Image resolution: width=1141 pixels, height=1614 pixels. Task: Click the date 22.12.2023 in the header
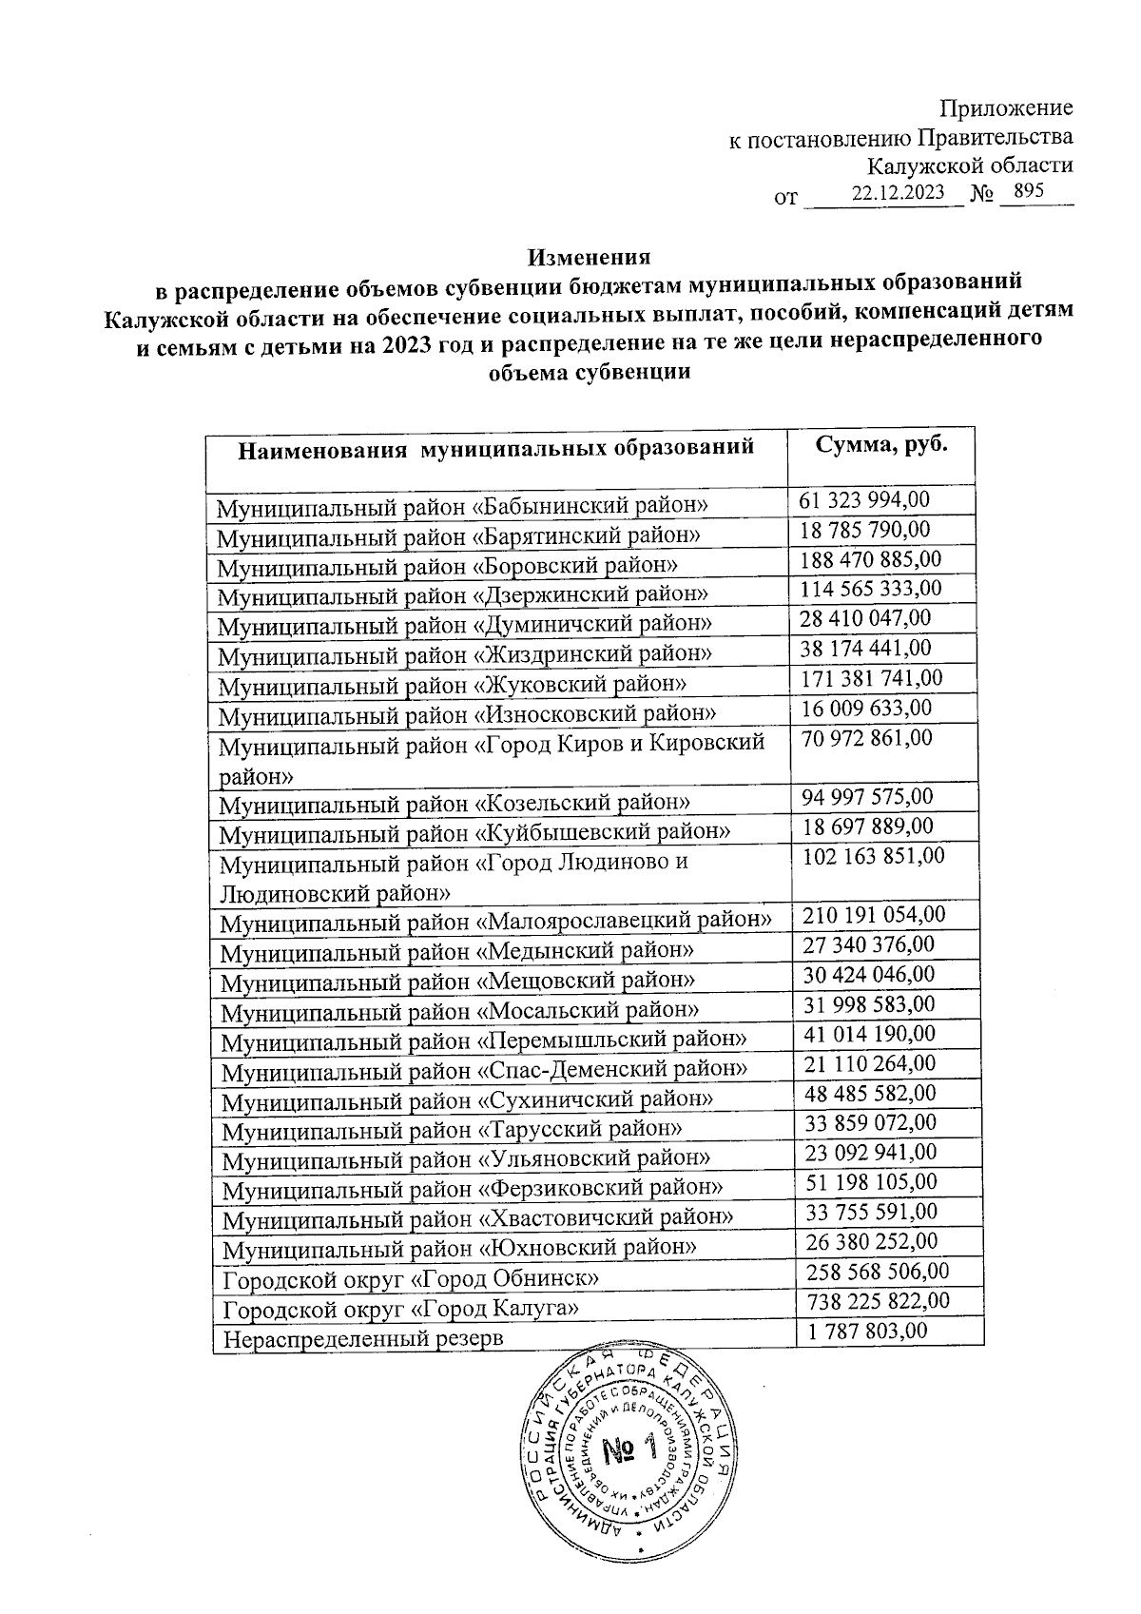(899, 192)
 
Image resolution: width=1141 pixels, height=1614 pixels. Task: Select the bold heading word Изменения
(590, 257)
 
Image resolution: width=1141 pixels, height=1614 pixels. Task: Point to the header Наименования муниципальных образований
(495, 447)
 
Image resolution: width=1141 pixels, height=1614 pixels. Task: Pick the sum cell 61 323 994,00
(864, 499)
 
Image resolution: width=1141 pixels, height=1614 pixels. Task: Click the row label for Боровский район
(447, 567)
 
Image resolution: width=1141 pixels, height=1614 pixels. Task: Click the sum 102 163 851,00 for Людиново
(874, 855)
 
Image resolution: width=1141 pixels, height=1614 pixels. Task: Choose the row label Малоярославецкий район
(495, 921)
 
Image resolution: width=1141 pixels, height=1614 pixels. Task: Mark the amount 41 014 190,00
(869, 1034)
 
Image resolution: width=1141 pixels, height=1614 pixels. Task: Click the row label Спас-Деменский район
(484, 1069)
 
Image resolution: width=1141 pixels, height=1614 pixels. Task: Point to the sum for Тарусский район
(869, 1122)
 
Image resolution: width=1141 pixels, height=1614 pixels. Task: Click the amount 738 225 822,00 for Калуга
(877, 1300)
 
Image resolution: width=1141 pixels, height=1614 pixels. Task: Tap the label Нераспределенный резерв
(362, 1339)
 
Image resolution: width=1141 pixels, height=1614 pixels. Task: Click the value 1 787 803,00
(866, 1331)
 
